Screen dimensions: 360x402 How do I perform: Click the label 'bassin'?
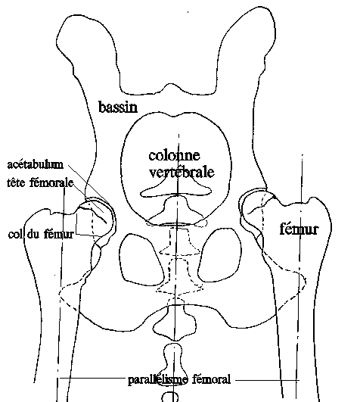click(118, 107)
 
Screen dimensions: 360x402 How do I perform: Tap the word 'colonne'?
click(174, 155)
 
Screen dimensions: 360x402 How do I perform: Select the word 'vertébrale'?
click(182, 172)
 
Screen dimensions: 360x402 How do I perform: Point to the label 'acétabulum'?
click(36, 164)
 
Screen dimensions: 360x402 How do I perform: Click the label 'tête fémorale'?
click(40, 182)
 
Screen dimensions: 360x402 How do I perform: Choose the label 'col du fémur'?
click(41, 234)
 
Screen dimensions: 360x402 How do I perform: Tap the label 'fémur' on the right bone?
click(299, 229)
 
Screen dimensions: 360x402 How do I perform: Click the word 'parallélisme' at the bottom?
click(158, 380)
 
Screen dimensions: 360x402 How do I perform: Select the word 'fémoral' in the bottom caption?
click(211, 379)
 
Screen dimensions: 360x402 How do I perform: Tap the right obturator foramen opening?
click(219, 255)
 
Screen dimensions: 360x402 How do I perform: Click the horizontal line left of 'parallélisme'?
click(93, 378)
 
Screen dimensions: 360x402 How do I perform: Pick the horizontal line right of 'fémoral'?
click(267, 380)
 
